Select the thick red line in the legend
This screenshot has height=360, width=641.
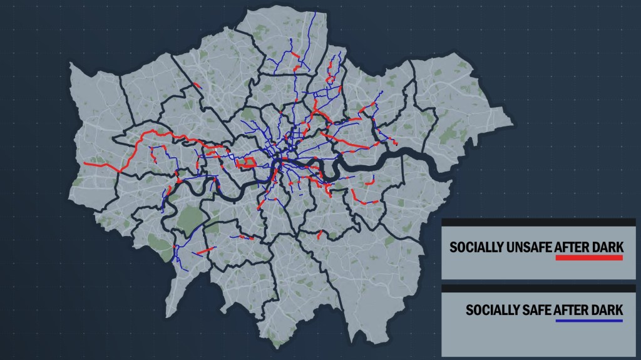coord(588,257)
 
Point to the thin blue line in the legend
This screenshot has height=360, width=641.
coord(588,321)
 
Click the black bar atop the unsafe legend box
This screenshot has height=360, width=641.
coord(538,222)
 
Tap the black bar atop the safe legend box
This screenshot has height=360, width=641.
coord(538,288)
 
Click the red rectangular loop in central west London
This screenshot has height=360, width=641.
coord(248,163)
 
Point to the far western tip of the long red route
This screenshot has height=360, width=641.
coord(85,164)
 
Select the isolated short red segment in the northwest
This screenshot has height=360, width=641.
coord(197,86)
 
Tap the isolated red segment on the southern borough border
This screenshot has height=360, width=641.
coord(320,235)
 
